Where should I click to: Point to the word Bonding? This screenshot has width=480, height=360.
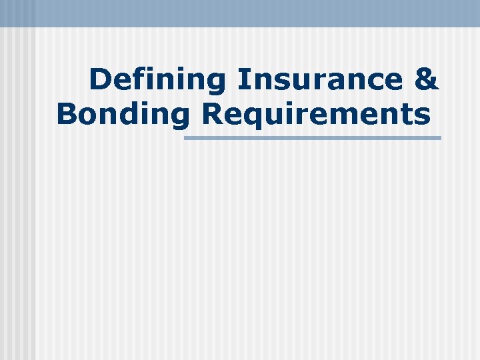tap(123, 113)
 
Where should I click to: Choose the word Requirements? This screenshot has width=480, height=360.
tap(315, 113)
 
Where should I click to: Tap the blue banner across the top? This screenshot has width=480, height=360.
tap(240, 13)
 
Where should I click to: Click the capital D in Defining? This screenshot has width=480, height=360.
tap(99, 80)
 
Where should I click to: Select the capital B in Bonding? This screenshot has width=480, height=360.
tap(66, 113)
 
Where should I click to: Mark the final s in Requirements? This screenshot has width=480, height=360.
tap(422, 115)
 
